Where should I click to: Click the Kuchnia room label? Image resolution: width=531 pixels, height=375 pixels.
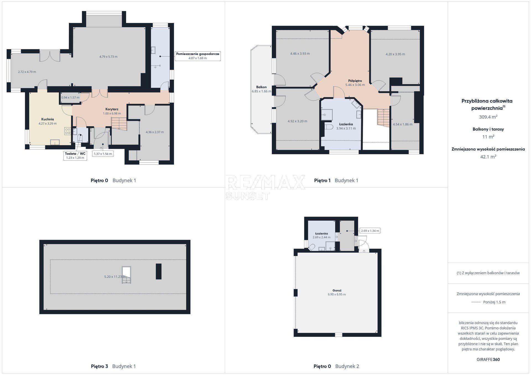pos(48,119)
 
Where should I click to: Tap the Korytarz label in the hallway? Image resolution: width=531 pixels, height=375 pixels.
pos(112,109)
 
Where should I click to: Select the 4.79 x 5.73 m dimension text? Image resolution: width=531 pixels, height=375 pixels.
pos(108,57)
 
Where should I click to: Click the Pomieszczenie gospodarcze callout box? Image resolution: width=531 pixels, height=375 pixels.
pos(198,56)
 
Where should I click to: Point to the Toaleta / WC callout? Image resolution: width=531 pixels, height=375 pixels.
pos(75,156)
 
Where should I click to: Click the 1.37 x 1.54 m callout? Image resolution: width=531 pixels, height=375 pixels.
pos(103,154)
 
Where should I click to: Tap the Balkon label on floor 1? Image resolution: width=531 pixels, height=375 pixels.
pos(261,87)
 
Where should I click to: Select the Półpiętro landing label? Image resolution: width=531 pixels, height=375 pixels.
pos(355,81)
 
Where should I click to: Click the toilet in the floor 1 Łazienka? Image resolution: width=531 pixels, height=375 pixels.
pos(329,127)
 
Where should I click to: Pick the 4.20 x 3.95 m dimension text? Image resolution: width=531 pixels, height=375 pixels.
pos(395,54)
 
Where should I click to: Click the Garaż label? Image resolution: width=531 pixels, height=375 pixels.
pos(337,291)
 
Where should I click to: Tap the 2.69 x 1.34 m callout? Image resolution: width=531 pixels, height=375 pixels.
pos(370,231)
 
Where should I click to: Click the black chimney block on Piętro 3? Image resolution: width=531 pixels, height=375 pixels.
pos(158,271)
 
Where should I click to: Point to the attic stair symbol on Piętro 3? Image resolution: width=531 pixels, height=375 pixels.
pos(126,275)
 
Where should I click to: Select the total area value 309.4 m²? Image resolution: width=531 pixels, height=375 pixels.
pos(488,117)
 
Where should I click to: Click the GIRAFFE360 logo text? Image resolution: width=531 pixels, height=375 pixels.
pos(488,360)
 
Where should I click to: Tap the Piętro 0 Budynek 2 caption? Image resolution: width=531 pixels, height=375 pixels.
pos(336,366)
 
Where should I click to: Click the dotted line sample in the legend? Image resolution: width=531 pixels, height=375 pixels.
pos(476,302)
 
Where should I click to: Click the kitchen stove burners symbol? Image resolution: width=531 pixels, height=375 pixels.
pos(67,131)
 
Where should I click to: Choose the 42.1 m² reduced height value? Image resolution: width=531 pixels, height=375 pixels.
pos(488,157)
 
